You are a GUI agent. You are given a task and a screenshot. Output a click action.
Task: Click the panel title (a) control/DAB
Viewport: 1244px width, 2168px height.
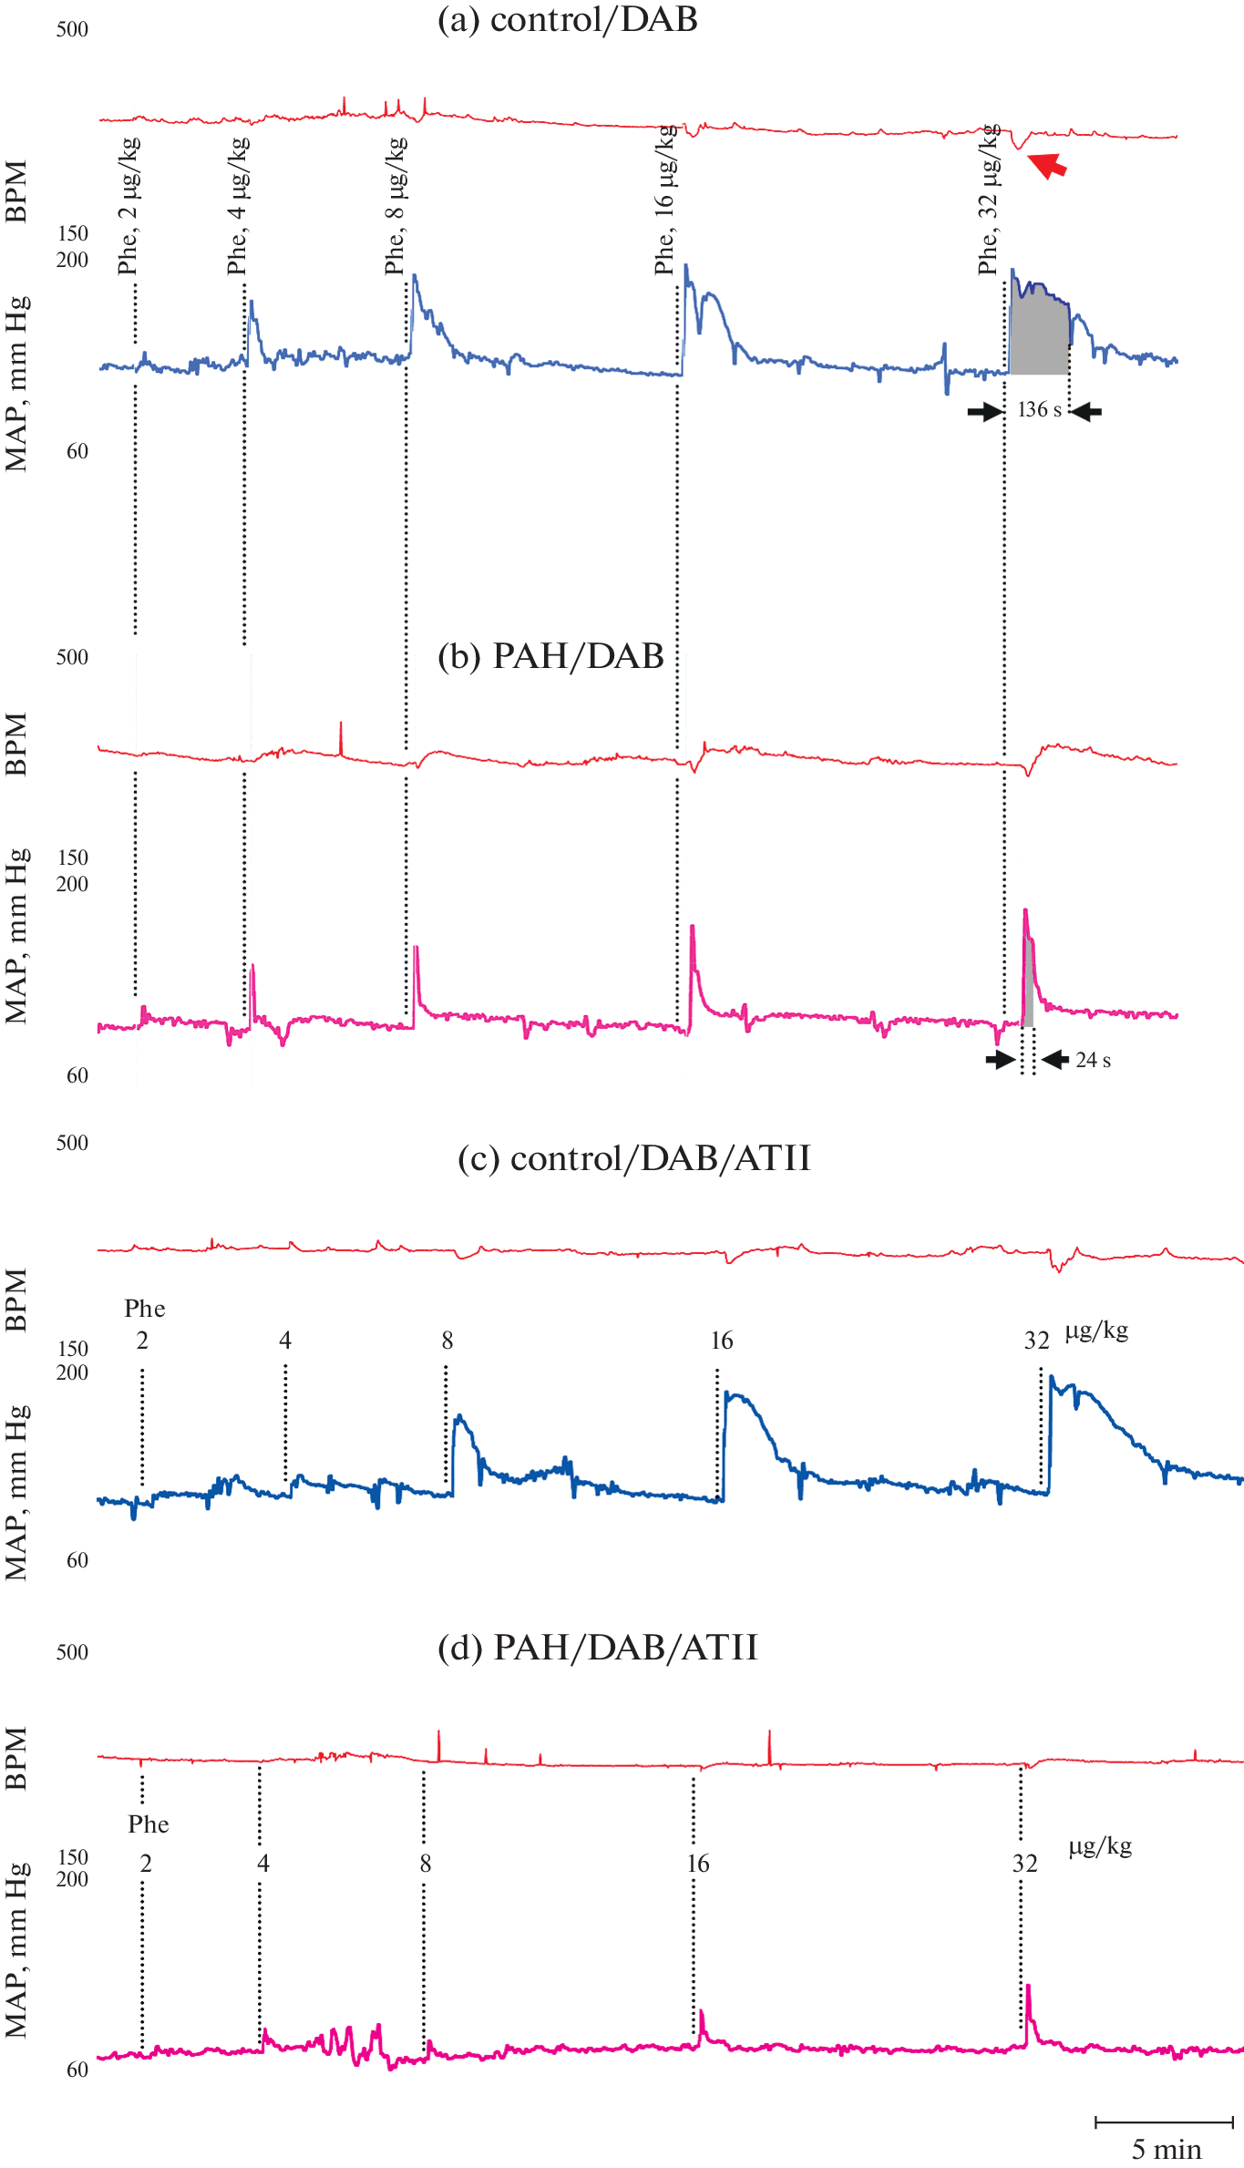[567, 20]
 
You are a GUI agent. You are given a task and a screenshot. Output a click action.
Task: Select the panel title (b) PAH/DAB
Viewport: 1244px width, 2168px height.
[550, 656]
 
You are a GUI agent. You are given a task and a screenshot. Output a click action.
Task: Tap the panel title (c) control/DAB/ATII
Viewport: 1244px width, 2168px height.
[633, 1158]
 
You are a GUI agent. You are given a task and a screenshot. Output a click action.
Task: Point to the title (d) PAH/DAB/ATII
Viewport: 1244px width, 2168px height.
[598, 1648]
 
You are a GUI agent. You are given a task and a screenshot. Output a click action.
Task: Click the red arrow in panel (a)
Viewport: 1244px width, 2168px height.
[1047, 165]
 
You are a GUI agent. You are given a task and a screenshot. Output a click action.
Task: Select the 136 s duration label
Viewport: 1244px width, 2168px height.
[1039, 410]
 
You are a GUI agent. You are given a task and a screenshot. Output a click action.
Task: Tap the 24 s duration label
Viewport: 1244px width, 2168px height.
[1093, 1060]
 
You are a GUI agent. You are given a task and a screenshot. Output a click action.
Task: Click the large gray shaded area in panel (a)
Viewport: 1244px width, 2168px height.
[1039, 333]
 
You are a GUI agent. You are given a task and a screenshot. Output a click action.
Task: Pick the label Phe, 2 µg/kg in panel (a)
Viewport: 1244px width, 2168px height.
[129, 206]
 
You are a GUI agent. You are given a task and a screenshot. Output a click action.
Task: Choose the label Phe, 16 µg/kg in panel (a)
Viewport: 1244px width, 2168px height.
[665, 200]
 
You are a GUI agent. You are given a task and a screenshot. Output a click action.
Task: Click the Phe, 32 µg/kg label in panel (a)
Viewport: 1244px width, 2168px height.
[989, 200]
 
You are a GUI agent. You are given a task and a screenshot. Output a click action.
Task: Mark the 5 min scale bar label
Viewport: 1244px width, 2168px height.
[1166, 2150]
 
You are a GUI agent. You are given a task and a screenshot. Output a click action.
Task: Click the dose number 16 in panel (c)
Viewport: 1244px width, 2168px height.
[722, 1341]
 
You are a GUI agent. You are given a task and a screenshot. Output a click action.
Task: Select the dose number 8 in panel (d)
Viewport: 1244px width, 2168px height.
[426, 1864]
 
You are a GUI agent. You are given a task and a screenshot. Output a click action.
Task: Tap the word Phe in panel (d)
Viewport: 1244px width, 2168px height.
[149, 1824]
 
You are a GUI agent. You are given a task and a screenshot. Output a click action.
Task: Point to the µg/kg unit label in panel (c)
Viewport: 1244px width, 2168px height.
[1097, 1331]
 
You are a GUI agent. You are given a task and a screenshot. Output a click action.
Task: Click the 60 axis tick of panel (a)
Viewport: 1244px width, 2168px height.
[77, 452]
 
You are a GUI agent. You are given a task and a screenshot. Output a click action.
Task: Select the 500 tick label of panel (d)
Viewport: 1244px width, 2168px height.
[72, 1653]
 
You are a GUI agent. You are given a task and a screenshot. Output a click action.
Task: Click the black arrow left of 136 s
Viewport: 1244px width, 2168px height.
[984, 412]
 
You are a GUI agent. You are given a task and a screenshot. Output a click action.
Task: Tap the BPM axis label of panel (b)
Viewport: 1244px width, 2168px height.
[16, 745]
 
